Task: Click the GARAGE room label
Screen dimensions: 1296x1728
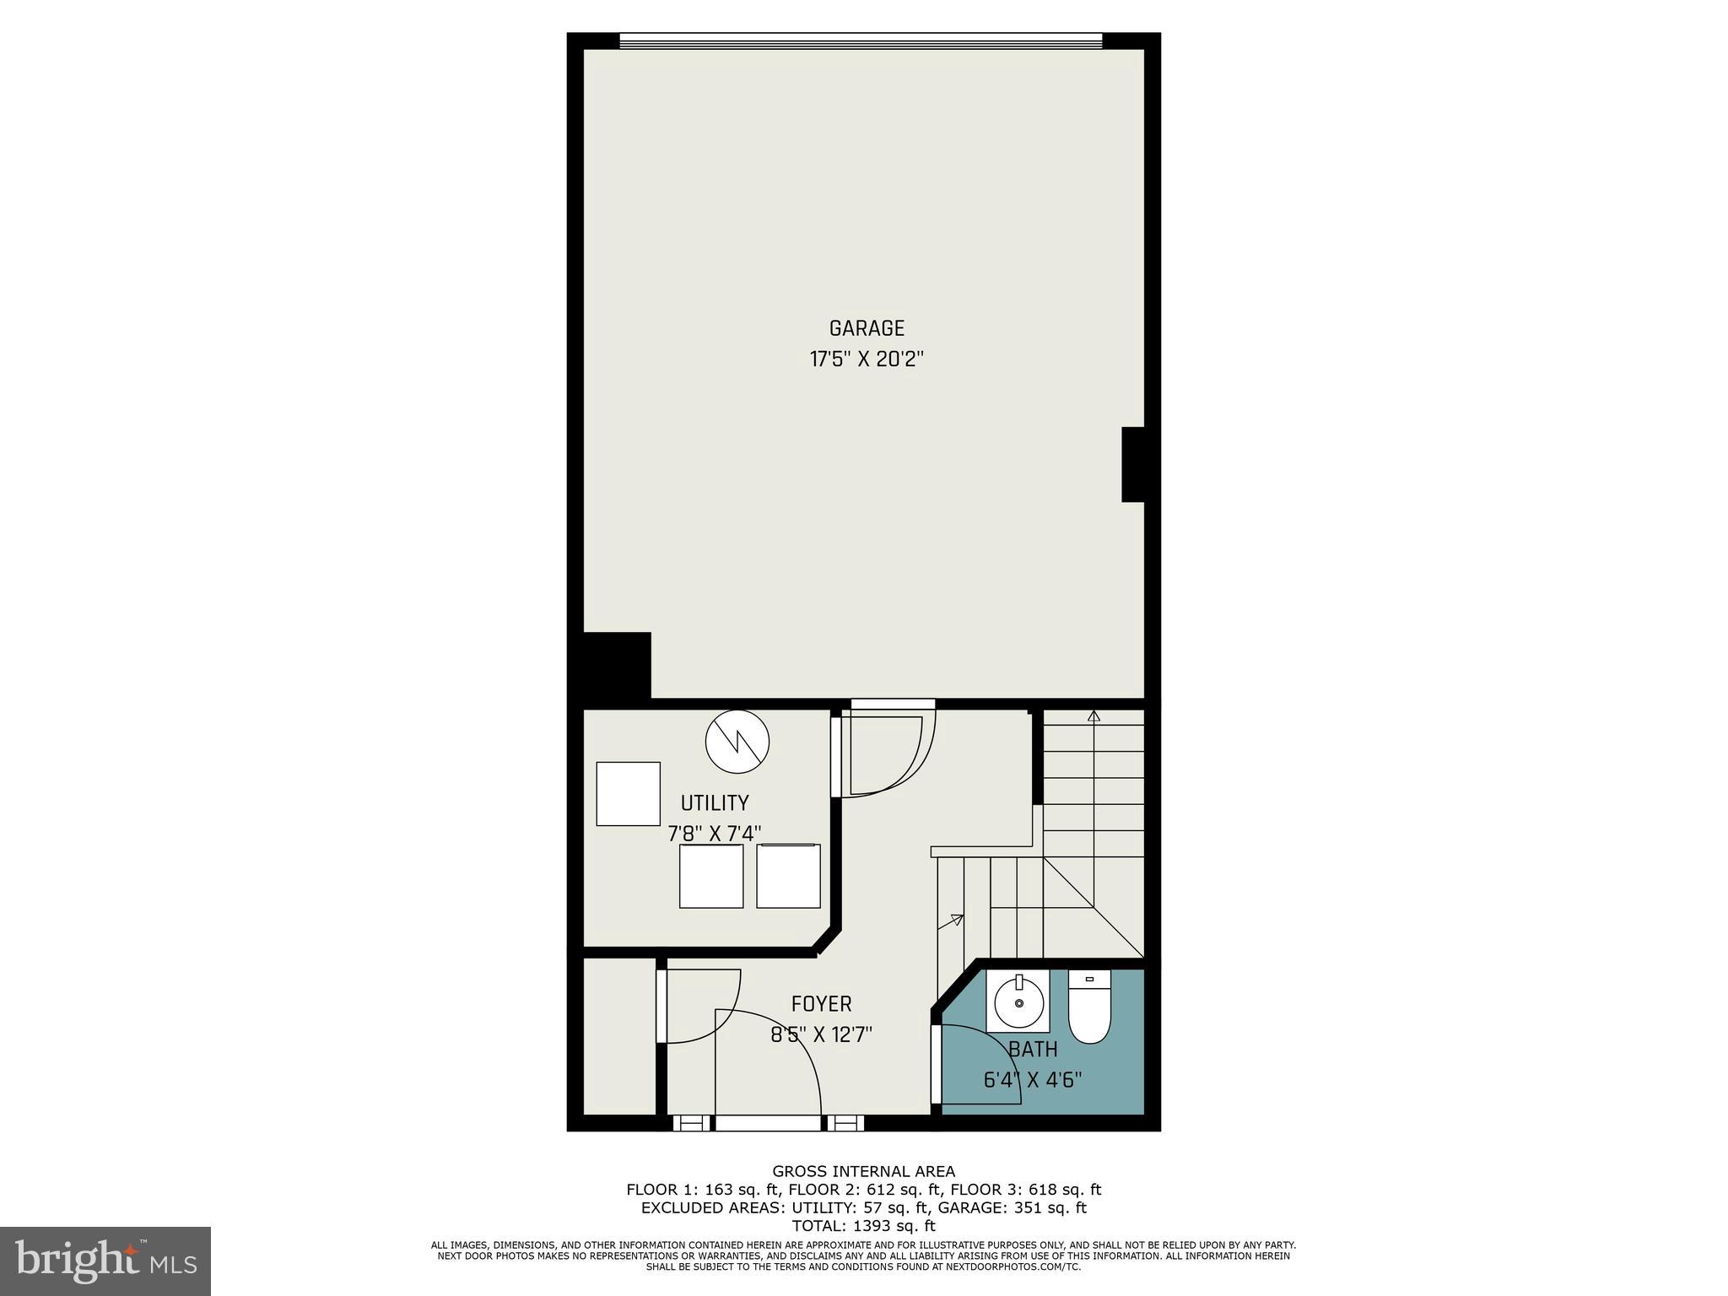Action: [867, 328]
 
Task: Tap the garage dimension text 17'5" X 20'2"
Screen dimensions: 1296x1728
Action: [867, 359]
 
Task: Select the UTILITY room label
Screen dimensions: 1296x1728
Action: [715, 802]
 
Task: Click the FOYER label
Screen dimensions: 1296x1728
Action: [821, 1004]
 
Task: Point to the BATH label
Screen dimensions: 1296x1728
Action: [1033, 1050]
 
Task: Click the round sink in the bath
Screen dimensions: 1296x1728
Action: [1018, 1002]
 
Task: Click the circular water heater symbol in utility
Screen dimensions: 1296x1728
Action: [737, 742]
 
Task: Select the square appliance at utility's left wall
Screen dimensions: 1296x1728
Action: [628, 793]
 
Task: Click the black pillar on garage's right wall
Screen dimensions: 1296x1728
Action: [1132, 464]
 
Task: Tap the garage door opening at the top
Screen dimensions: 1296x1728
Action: [861, 40]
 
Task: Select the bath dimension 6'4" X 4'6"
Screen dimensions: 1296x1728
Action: [1033, 1080]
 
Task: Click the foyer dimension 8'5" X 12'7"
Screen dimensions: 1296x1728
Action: [821, 1034]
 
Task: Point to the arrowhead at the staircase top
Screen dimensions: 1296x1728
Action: [1093, 716]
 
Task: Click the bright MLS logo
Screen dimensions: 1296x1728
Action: [105, 1261]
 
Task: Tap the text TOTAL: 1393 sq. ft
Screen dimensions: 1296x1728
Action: [863, 1226]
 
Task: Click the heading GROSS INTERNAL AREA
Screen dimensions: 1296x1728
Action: [863, 1171]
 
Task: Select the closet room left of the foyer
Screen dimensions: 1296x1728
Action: [619, 1036]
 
